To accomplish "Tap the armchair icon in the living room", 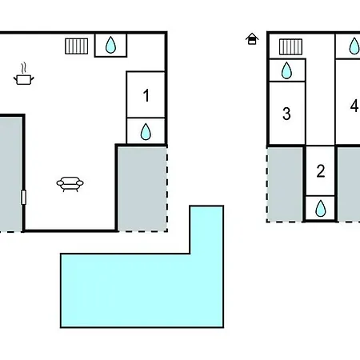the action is tap(70, 184).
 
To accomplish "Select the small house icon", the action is tap(252, 38).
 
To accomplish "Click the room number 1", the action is tap(146, 95).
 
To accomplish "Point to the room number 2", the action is tap(321, 171).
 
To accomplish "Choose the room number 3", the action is tap(286, 114).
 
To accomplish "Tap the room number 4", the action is tap(354, 106).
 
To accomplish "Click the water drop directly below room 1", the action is tap(146, 131).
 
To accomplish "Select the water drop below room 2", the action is tap(321, 208).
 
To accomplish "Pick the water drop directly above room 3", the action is tap(286, 70).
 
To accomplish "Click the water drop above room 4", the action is tap(354, 46).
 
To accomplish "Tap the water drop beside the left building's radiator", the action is tap(110, 45).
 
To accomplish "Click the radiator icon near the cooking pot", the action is tap(77, 46).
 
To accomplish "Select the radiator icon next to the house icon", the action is tap(290, 46).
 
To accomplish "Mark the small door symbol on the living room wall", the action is tap(23, 198).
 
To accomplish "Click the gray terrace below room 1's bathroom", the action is tap(142, 189).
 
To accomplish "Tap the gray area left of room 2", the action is tap(285, 184).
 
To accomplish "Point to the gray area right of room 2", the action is tap(349, 184).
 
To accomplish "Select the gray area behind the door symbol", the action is tap(10, 174).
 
